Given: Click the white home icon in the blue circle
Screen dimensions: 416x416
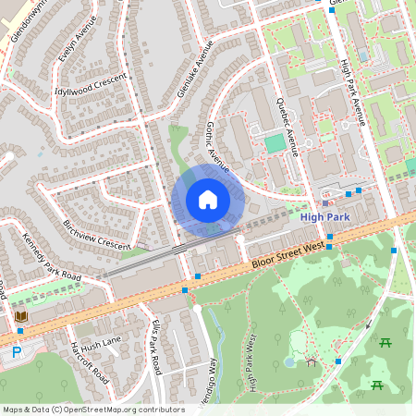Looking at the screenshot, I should point(208,200).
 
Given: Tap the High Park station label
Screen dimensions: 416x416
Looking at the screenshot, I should point(325,216).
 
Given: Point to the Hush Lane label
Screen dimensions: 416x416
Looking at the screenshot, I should point(101,345).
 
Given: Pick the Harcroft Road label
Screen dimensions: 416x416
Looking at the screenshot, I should point(91,363).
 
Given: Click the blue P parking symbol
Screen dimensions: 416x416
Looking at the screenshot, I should point(16,352).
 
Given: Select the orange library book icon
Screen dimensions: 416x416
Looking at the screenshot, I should point(20,317).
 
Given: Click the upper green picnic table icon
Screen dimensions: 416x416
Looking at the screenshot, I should point(385,343).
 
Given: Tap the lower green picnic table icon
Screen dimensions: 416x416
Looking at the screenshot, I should point(377,385).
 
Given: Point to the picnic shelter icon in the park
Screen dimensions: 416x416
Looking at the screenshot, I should point(312,362).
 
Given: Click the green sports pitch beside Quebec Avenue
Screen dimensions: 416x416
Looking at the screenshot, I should point(275,143).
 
